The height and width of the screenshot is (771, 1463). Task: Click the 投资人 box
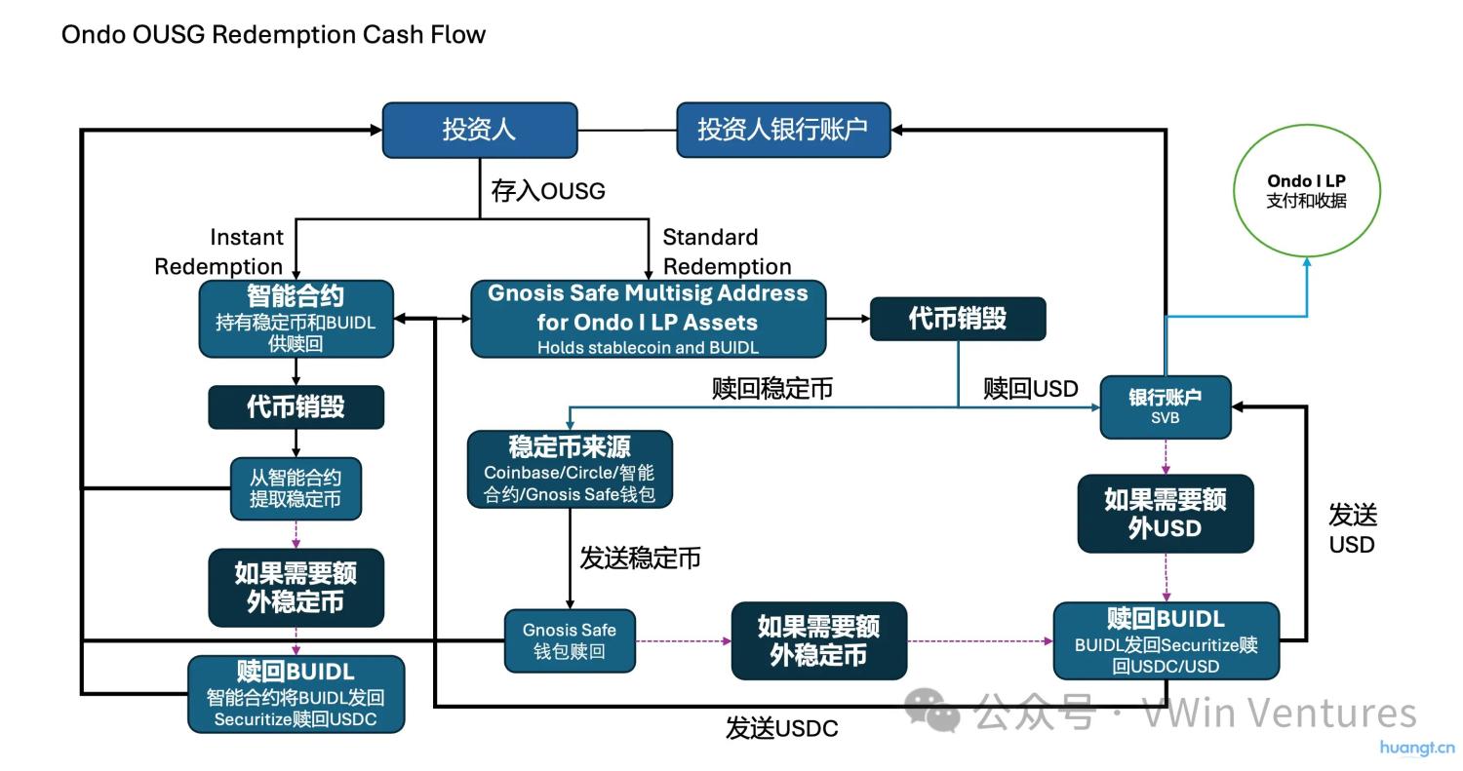(x=479, y=130)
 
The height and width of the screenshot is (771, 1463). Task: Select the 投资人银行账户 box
(x=783, y=130)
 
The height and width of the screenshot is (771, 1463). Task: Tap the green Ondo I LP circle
(x=1306, y=190)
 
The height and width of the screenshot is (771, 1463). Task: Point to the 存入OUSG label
(x=547, y=191)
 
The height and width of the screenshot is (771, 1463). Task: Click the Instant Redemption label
(x=218, y=251)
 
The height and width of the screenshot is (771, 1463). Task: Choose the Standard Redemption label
(x=727, y=251)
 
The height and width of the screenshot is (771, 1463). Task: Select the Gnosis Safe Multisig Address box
(x=648, y=319)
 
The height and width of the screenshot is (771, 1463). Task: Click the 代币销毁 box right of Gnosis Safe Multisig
(x=957, y=319)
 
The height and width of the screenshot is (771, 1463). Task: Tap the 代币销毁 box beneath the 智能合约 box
(x=296, y=406)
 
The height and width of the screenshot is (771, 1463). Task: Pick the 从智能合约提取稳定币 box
(x=296, y=488)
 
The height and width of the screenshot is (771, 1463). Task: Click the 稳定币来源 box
(x=570, y=470)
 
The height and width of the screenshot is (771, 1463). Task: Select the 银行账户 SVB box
(x=1166, y=406)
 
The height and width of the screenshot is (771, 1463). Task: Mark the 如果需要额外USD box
(x=1165, y=514)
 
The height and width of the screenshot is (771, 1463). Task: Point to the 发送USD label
(x=1353, y=529)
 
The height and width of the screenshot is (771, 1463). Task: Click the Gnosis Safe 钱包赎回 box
(x=570, y=640)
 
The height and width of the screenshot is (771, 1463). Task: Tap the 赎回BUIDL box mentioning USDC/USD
(x=1166, y=640)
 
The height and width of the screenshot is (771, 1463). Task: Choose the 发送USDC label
(x=781, y=728)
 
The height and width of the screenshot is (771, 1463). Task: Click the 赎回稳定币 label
(x=771, y=388)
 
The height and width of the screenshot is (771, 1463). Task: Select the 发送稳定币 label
(x=640, y=559)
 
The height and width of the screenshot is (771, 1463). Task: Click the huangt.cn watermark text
(x=1416, y=749)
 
